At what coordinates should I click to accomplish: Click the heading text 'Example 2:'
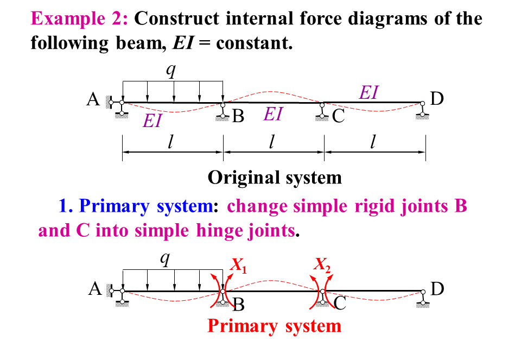click(80, 19)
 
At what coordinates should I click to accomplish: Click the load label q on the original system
click(171, 71)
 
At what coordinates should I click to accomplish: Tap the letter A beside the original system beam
click(93, 100)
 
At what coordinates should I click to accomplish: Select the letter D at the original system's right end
click(437, 99)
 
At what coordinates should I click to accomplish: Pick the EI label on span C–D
click(368, 93)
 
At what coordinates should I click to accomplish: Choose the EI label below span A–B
click(153, 121)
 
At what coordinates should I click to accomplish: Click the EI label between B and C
click(273, 114)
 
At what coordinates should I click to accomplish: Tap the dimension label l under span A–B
click(171, 142)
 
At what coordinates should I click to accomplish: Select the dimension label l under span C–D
click(373, 142)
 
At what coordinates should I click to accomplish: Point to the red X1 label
click(238, 265)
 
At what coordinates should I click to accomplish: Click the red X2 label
click(322, 265)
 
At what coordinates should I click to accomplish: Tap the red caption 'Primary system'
click(275, 326)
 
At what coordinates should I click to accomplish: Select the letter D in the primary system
click(437, 289)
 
